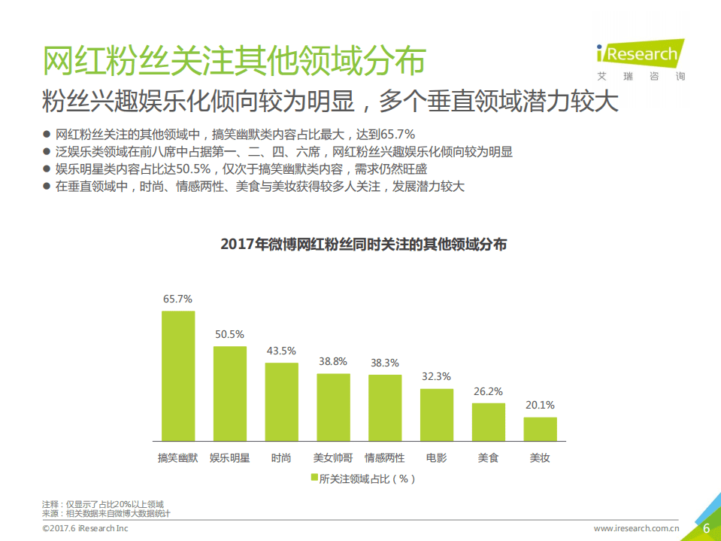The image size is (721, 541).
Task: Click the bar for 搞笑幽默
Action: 178,375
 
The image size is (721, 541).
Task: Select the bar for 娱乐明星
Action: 230,394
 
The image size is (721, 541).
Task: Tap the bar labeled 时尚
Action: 281,402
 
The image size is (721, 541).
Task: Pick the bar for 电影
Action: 436,415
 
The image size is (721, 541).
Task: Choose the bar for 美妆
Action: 540,429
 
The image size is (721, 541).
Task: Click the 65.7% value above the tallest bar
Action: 178,299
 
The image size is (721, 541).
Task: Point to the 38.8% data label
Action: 333,361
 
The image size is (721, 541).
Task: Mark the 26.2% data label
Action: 488,391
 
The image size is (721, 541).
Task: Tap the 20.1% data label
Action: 540,406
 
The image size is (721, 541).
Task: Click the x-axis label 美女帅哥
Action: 333,457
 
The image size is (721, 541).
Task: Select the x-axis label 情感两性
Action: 384,457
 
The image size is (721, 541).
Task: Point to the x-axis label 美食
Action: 488,457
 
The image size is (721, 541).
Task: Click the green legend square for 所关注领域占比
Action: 314,478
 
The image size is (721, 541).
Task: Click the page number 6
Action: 706,527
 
